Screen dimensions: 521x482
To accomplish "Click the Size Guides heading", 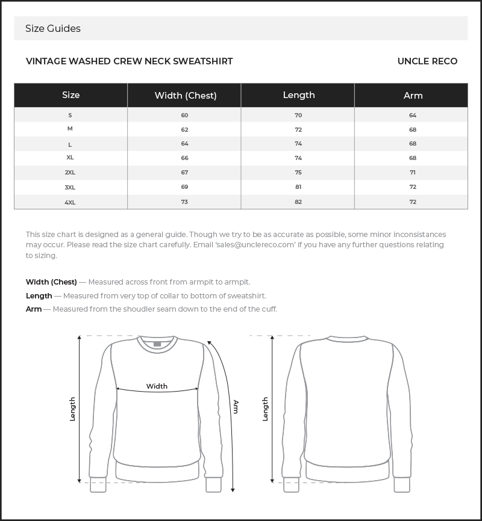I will [x=53, y=28].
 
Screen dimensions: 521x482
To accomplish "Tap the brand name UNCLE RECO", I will [x=427, y=61].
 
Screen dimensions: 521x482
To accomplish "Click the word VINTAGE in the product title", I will [x=46, y=61].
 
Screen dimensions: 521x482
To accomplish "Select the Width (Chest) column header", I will [x=185, y=95].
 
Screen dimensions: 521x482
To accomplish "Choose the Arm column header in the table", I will [x=413, y=95].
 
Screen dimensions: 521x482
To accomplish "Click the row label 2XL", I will [x=70, y=172].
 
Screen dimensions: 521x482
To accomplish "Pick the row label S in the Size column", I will [x=70, y=115].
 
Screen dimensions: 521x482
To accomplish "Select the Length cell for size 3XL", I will [x=298, y=187].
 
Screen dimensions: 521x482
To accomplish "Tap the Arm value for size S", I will [x=413, y=115].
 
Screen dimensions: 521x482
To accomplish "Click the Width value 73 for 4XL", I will [x=184, y=202].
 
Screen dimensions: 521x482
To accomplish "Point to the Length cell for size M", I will [x=298, y=129].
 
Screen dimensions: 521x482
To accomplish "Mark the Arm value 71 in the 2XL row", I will [x=413, y=172].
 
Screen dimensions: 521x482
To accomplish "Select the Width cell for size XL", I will [x=184, y=158].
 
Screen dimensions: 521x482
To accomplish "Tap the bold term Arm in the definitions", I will [x=34, y=309].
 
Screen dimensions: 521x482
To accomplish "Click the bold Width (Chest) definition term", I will [x=51, y=282].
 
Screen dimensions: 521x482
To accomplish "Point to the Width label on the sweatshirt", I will [x=157, y=386].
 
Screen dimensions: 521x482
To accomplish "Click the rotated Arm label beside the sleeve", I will [x=236, y=407].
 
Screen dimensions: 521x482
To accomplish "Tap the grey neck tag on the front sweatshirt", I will [x=157, y=344].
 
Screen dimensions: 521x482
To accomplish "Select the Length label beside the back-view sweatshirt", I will [x=265, y=409].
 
